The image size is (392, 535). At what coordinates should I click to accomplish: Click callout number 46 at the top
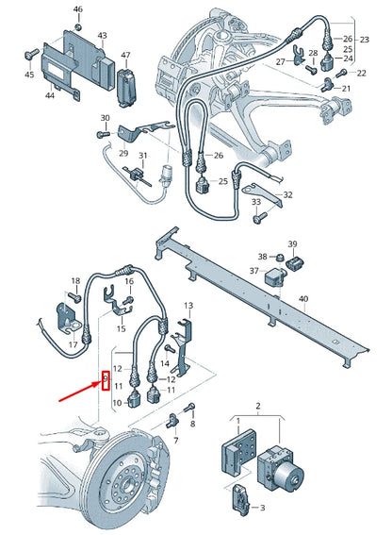click(78, 9)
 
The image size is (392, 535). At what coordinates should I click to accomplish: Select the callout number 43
click(101, 36)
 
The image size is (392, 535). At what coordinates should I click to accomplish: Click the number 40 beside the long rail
click(302, 299)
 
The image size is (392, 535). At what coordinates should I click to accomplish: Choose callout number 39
click(292, 243)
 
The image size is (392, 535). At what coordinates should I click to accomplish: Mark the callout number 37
click(253, 271)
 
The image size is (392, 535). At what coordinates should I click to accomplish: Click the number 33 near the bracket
click(255, 203)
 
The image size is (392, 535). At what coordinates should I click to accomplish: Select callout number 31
click(142, 156)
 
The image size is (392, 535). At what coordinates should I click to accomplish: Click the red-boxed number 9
click(106, 380)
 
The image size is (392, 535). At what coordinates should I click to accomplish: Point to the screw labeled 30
click(98, 135)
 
